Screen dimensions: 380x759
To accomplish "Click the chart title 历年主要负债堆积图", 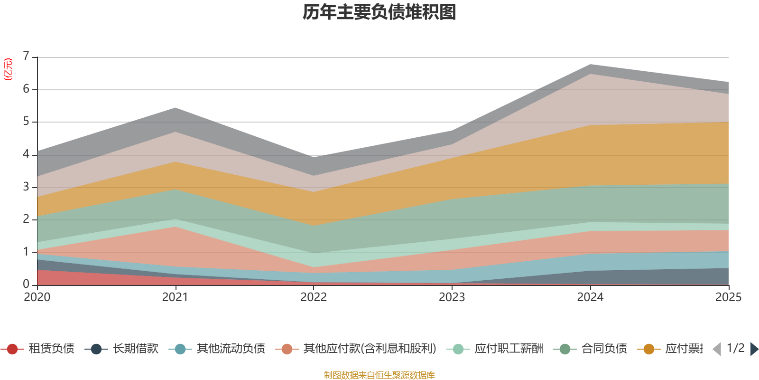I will pyautogui.click(x=379, y=12).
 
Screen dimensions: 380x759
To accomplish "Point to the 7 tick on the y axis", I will pyautogui.click(x=26, y=57).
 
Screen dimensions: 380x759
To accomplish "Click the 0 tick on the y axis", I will pyautogui.click(x=26, y=284).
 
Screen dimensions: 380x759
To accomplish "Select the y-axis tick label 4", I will pyautogui.click(x=26, y=154).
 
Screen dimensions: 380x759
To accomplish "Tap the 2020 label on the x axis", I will pyautogui.click(x=37, y=297).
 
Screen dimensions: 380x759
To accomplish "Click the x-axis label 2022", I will pyautogui.click(x=314, y=297).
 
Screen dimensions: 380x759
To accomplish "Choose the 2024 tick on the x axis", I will pyautogui.click(x=590, y=297).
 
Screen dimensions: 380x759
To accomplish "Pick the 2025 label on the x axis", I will pyautogui.click(x=728, y=297).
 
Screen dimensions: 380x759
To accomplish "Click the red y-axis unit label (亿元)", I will pyautogui.click(x=8, y=69).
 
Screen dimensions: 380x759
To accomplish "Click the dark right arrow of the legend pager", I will pyautogui.click(x=754, y=349).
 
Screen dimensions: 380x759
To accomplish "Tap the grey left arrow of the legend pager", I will pyautogui.click(x=717, y=349).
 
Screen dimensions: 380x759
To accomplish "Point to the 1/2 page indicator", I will pyautogui.click(x=735, y=348).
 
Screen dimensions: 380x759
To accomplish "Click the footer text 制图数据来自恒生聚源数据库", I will pyautogui.click(x=379, y=375).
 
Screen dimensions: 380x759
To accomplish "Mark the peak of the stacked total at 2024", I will pyautogui.click(x=590, y=64).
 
